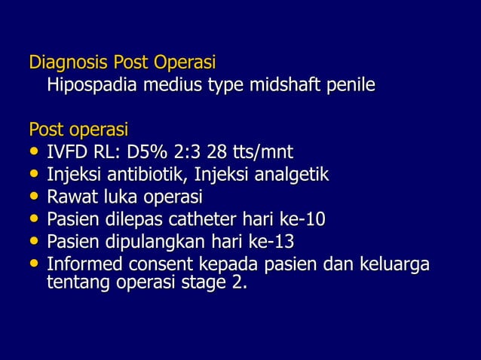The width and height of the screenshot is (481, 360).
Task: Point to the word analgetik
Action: click(x=293, y=176)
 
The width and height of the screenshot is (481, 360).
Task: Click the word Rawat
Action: click(x=70, y=198)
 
